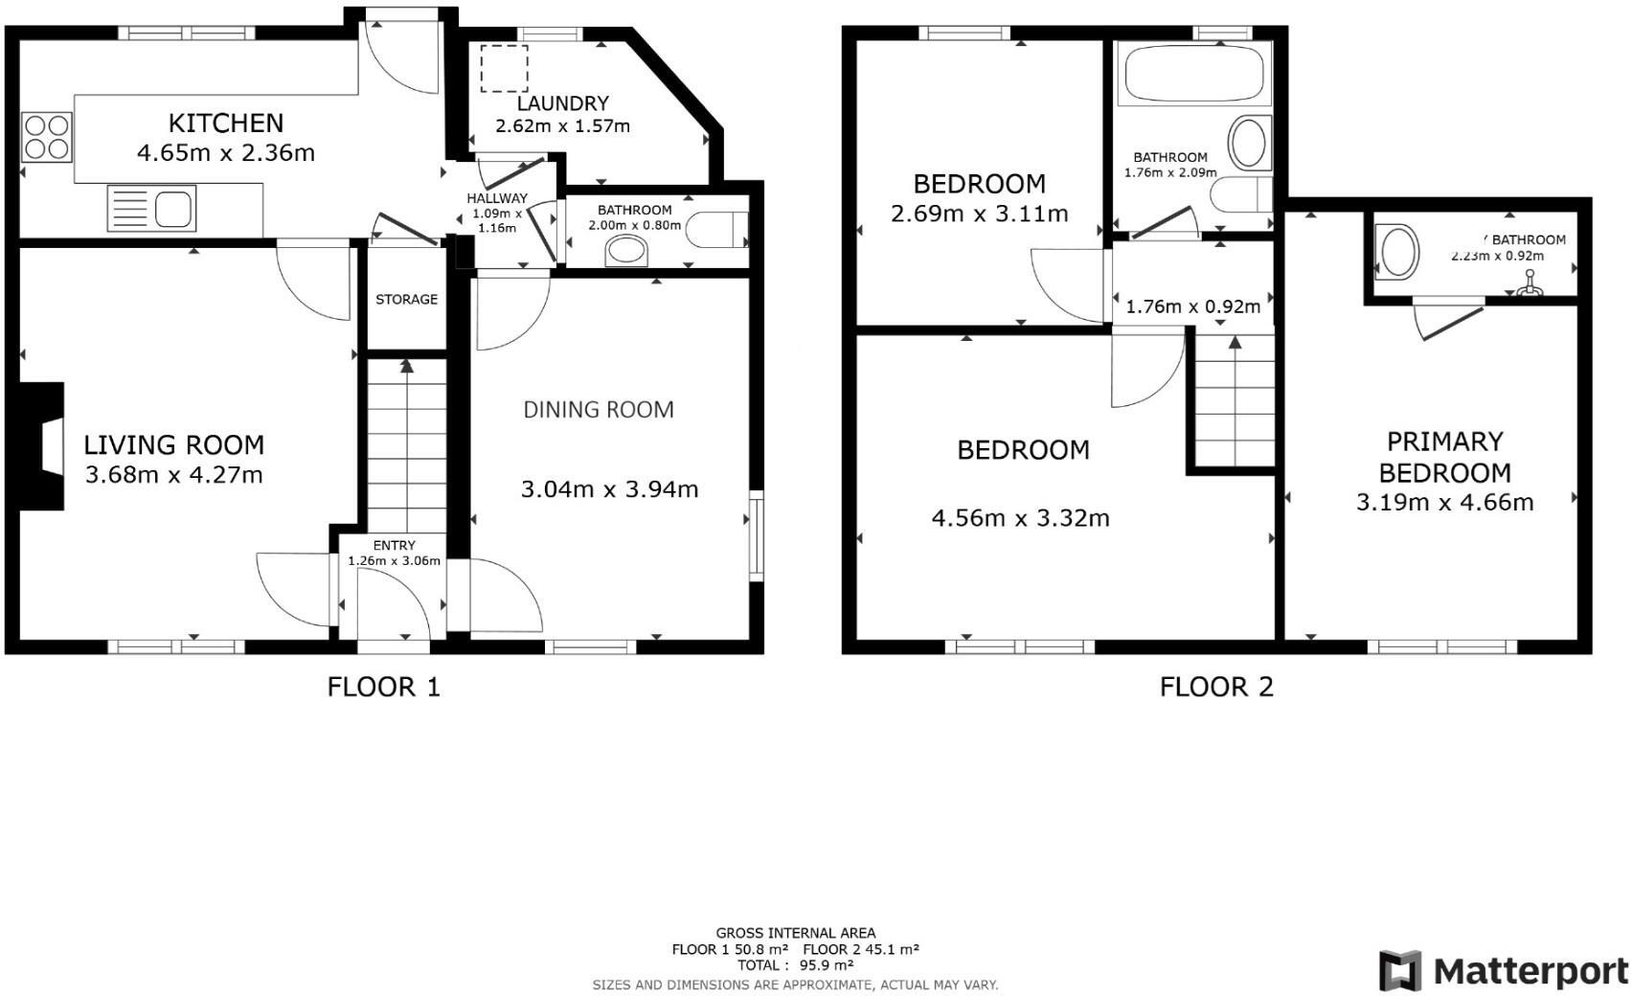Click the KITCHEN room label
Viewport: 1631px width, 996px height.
[226, 123]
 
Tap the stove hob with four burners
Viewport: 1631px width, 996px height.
[46, 137]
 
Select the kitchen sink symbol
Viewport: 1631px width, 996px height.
[152, 208]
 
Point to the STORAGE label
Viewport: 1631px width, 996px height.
[406, 300]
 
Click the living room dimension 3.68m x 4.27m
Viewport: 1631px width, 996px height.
[173, 475]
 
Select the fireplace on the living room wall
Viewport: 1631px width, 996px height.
[43, 446]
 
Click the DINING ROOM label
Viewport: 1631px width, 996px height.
[599, 410]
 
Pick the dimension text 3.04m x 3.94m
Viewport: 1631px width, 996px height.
[609, 489]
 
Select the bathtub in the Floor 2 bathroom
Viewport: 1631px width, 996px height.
[1193, 73]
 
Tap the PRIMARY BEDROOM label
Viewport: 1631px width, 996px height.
[1445, 457]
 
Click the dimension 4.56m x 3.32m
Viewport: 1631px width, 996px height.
[1020, 518]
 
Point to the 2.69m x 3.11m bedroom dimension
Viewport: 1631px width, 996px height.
[979, 214]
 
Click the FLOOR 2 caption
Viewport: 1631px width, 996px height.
[1216, 687]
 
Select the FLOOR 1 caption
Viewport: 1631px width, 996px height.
[383, 687]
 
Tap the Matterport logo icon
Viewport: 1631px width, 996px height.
[1400, 971]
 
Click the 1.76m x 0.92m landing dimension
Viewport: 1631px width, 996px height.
[1192, 307]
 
